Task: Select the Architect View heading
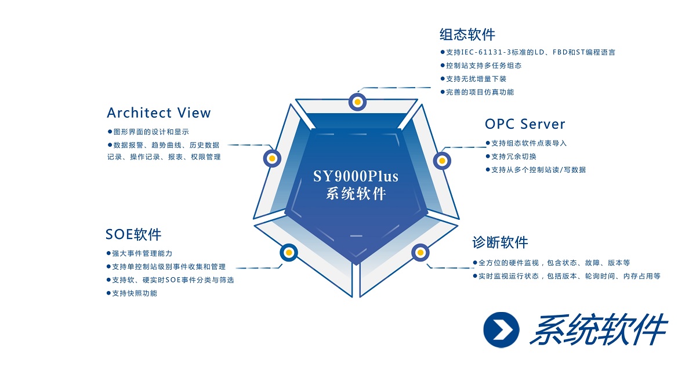pos(159,113)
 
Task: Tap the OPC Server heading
pos(525,124)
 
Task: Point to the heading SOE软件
pos(133,234)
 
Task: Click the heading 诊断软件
pos(500,242)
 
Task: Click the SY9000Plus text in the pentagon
pos(356,176)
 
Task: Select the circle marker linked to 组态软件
pos(358,102)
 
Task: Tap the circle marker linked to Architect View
pos(272,158)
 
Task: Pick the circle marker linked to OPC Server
pos(442,159)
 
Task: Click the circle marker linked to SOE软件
pos(289,252)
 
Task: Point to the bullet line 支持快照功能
pos(134,293)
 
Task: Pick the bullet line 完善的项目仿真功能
pos(479,92)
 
